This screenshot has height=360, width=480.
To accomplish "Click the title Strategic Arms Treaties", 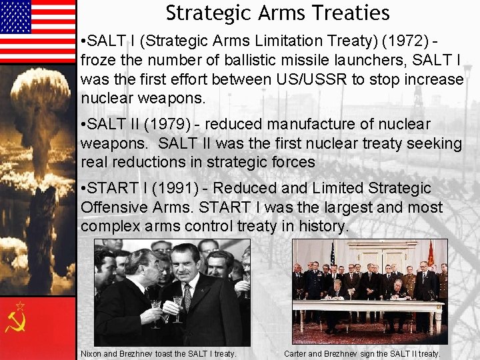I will [x=277, y=13].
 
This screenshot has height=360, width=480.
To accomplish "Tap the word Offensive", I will [x=112, y=207].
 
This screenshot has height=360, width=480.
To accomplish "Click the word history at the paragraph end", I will [x=321, y=226].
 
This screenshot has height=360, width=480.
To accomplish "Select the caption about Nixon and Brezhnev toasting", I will [x=158, y=353].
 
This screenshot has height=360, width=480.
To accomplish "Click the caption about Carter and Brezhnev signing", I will [x=362, y=353].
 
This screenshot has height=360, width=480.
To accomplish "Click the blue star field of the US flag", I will [x=16, y=16].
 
